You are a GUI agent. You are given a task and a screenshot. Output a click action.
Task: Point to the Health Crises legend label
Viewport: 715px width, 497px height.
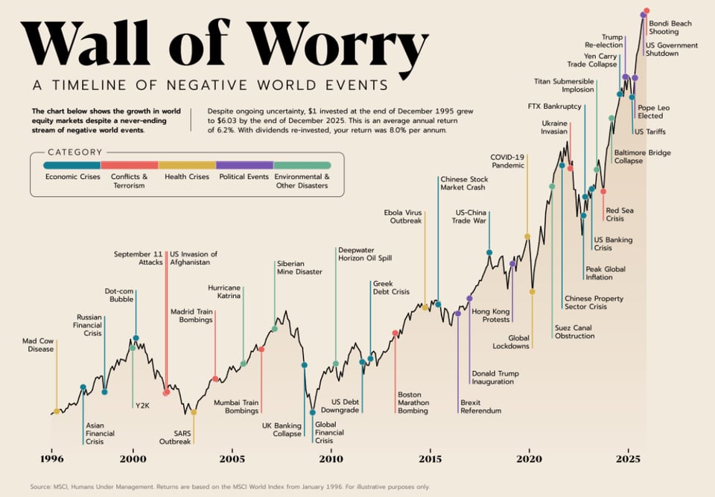click(186, 177)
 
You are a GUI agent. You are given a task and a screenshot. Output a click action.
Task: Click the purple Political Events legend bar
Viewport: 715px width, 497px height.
click(244, 165)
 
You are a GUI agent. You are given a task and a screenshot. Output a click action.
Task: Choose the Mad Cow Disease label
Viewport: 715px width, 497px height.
click(38, 345)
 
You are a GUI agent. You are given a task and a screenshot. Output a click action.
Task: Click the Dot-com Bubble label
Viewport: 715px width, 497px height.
click(118, 295)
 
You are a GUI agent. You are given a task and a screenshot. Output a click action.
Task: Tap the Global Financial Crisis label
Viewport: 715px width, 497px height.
click(329, 432)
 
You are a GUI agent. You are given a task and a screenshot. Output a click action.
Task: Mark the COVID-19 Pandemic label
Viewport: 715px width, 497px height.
click(507, 161)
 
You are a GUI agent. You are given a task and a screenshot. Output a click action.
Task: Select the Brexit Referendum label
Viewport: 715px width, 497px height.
click(480, 406)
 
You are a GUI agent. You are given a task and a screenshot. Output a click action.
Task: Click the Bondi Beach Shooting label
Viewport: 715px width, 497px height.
click(670, 28)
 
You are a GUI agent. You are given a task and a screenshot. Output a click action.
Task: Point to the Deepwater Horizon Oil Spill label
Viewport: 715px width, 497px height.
click(364, 254)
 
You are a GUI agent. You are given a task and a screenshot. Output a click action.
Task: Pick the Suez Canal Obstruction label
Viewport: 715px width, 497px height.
click(574, 332)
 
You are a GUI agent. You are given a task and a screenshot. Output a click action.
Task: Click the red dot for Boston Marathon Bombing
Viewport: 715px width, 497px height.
click(395, 333)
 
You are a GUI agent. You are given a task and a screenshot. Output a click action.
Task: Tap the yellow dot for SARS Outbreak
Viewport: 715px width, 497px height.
click(194, 411)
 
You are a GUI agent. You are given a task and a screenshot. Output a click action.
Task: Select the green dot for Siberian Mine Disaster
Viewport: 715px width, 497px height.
click(274, 329)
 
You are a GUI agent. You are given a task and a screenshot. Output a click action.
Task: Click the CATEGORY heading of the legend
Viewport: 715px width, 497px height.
click(74, 152)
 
